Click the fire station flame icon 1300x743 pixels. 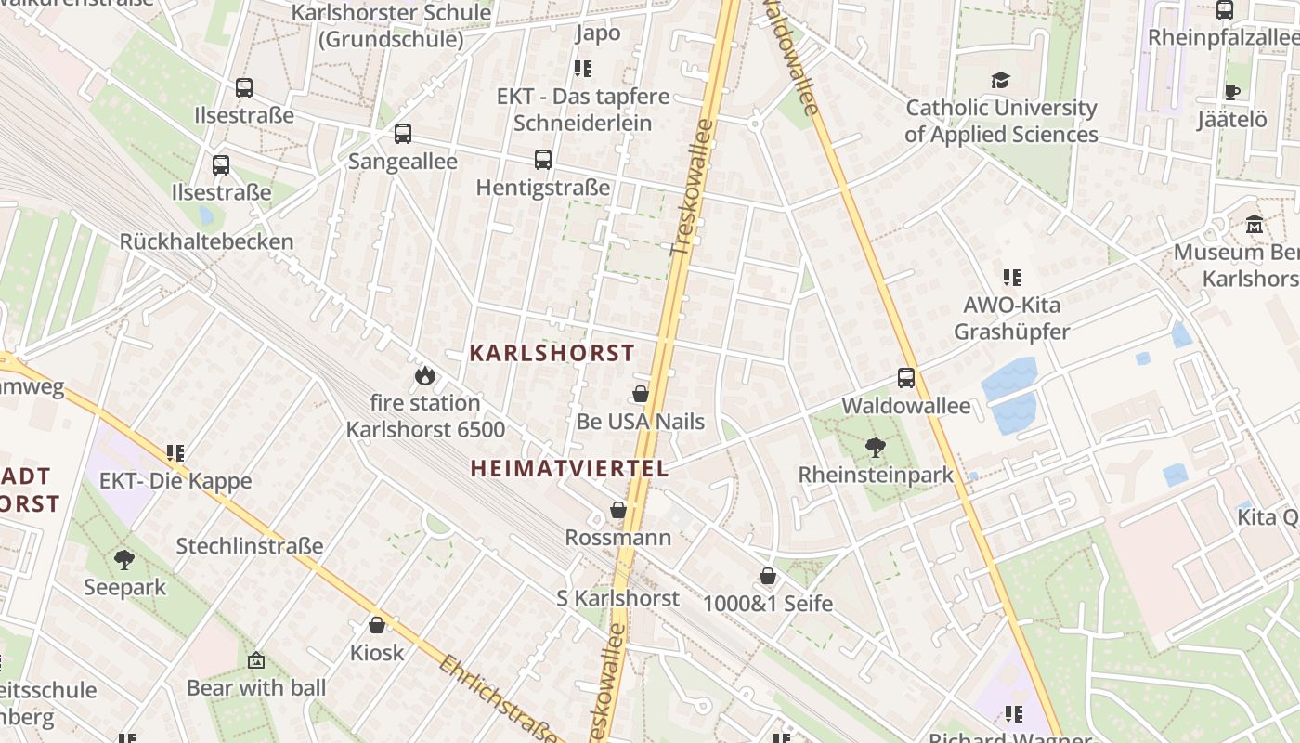point(425,375)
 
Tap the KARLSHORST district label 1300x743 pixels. point(552,353)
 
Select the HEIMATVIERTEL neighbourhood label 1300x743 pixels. point(569,468)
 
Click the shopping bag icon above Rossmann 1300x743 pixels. point(618,510)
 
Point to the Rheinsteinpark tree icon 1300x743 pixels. point(875,448)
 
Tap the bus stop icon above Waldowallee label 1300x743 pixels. point(906,378)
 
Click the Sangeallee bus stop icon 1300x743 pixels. point(403,134)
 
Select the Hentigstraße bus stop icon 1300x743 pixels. point(543,160)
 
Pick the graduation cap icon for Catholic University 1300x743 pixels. point(1000,81)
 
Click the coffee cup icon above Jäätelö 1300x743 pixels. point(1232,92)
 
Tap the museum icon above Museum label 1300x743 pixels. point(1254,225)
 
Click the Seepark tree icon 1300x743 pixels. point(124,559)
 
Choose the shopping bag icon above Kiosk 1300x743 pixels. point(377,625)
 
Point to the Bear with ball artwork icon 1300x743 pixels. point(256,660)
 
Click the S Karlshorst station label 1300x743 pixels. point(617,598)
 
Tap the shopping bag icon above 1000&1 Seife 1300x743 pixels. point(768,576)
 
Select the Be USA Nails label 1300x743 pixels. point(641,422)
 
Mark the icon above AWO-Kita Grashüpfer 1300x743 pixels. point(1012,277)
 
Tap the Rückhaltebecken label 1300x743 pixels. point(206,241)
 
